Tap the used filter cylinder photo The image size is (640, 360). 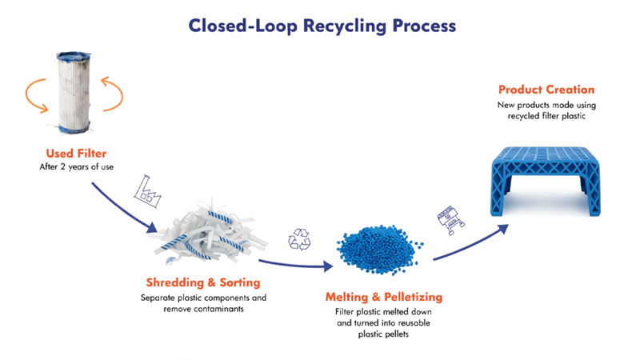click(x=74, y=92)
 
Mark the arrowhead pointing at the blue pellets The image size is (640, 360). click(x=328, y=266)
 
